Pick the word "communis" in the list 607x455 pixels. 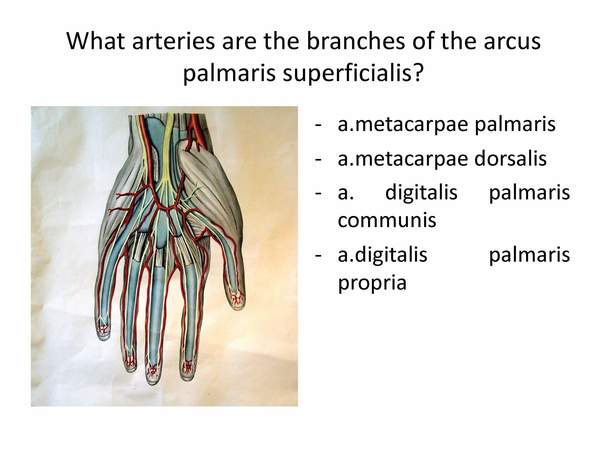click(x=387, y=220)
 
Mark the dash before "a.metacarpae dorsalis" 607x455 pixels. click(x=318, y=159)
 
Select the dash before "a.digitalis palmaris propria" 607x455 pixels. click(x=318, y=256)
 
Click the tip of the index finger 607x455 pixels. click(x=188, y=380)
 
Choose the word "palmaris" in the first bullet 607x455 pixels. click(x=515, y=125)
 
